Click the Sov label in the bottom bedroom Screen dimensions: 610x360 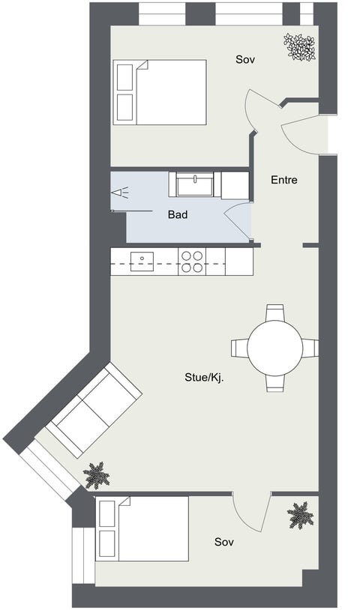point(224,541)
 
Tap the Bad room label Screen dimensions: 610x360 point(178,214)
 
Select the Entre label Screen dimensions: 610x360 point(283,180)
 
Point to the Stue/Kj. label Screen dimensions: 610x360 point(204,378)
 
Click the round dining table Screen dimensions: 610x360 point(275,348)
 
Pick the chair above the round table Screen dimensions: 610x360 point(275,312)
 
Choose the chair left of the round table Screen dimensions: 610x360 point(240,348)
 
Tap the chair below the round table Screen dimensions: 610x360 point(275,382)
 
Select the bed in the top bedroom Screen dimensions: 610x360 point(160,92)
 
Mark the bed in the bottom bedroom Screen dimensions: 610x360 point(142,528)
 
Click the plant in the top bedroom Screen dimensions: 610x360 point(299,46)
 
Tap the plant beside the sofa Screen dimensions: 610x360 point(96,475)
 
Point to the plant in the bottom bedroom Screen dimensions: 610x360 point(300,515)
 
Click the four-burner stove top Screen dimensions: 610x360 point(192,262)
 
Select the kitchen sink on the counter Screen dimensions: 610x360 point(142,262)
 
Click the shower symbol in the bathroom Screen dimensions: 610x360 point(120,193)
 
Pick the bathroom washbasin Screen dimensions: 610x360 point(195,184)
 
